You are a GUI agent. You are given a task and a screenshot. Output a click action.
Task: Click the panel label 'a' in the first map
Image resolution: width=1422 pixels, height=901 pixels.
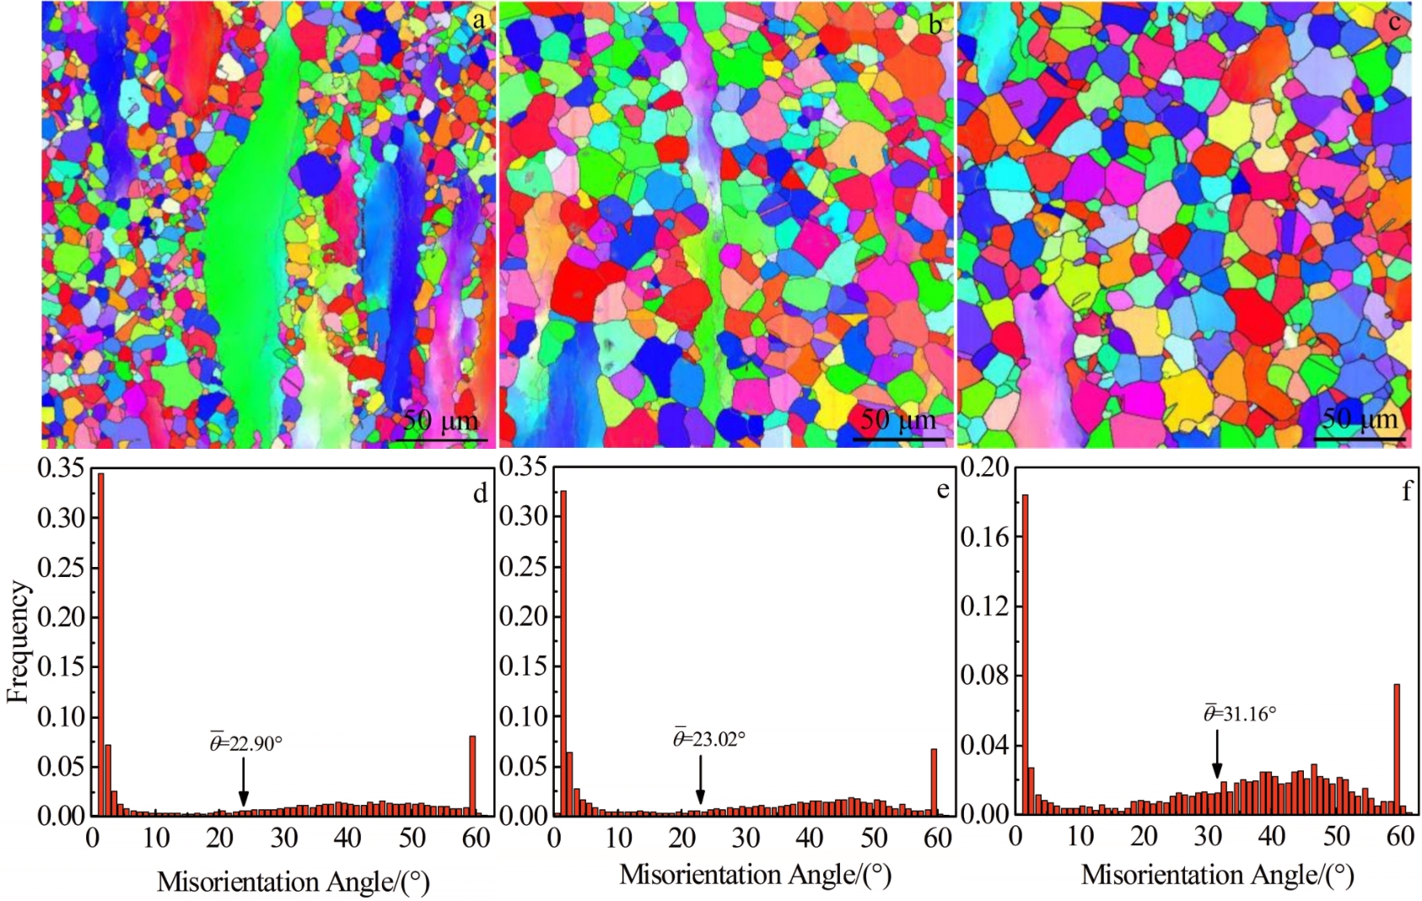tap(479, 20)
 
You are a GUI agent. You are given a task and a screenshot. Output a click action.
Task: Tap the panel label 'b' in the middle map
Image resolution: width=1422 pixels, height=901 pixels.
tap(935, 25)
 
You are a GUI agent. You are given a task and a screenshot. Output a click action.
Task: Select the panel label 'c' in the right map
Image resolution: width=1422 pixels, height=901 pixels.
tap(1394, 22)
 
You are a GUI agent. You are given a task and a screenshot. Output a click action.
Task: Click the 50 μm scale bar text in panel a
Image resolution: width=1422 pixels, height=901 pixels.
tap(440, 420)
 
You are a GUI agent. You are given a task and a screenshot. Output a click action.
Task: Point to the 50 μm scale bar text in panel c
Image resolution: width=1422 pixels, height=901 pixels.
tap(1360, 418)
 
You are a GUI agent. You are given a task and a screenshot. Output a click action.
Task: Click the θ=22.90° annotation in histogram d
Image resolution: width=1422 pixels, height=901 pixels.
tap(246, 743)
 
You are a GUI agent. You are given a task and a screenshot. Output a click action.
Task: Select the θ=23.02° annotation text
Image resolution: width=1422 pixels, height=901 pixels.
tap(709, 739)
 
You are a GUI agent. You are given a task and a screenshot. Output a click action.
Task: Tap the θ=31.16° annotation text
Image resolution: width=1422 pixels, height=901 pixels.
tap(1240, 714)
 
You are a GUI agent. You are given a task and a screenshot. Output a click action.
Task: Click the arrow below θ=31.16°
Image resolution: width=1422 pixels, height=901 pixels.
tap(1217, 756)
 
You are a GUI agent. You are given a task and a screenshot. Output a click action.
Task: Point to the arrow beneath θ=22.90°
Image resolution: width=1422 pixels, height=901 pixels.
tap(244, 782)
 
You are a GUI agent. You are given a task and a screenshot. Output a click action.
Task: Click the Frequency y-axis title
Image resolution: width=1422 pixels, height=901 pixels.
tap(18, 641)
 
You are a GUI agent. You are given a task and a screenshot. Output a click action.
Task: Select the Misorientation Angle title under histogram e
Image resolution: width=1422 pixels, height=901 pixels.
tap(755, 875)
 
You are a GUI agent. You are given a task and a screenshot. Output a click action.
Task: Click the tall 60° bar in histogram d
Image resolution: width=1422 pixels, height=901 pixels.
tap(472, 774)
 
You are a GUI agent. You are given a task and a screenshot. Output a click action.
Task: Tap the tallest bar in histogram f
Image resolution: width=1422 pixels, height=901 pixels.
tap(1025, 654)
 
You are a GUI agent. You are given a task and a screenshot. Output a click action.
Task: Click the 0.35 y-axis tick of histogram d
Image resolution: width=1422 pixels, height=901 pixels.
tap(62, 468)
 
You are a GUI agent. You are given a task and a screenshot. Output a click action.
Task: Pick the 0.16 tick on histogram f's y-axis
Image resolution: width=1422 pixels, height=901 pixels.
tap(985, 537)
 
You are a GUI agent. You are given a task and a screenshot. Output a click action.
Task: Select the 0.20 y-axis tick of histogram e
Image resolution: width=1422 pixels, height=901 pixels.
tap(524, 617)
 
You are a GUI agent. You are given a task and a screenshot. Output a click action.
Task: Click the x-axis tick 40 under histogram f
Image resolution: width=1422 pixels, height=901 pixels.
tap(1272, 836)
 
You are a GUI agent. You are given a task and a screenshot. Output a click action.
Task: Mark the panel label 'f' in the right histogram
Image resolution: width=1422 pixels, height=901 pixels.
tap(1406, 491)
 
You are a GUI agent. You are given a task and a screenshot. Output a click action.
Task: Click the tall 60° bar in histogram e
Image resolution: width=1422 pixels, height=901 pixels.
tap(934, 780)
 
